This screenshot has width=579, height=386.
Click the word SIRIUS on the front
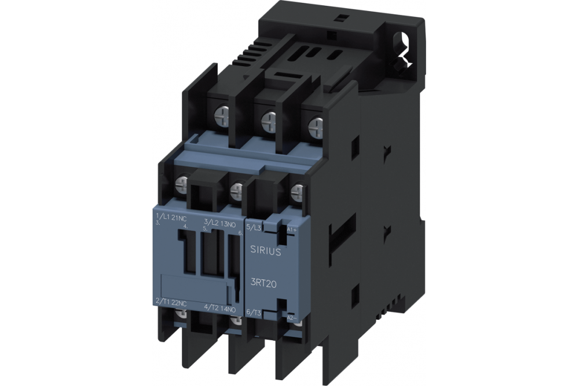pos(266,250)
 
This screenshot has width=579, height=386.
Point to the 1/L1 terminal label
pos(163,217)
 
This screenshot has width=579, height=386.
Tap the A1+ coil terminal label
pos(292,230)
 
